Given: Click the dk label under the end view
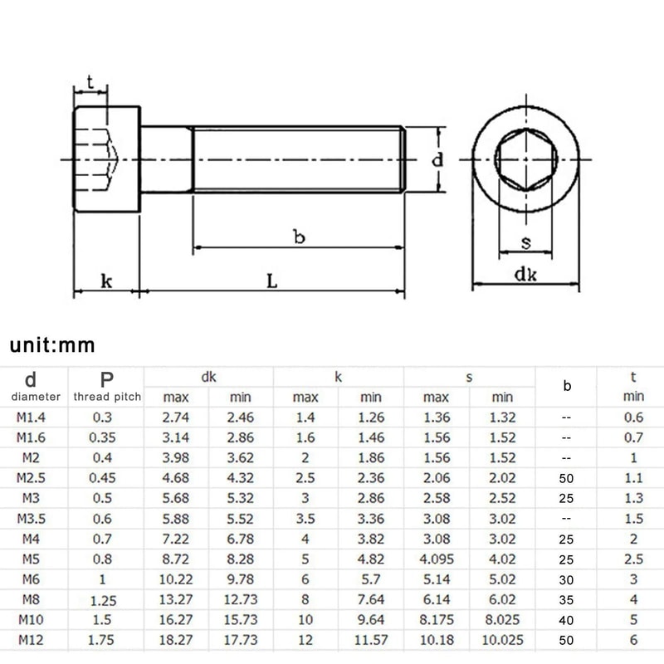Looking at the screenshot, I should [x=525, y=275].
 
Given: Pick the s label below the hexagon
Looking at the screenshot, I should [x=525, y=242].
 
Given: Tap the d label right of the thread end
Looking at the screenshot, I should [x=437, y=160].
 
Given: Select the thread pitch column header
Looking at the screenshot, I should [x=106, y=397].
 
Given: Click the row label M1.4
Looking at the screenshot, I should [x=31, y=417].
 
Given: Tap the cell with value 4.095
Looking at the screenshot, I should [x=436, y=558].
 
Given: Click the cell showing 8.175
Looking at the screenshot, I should [x=436, y=618].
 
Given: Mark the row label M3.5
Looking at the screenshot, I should [x=31, y=518].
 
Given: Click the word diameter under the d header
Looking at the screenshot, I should [x=31, y=397].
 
